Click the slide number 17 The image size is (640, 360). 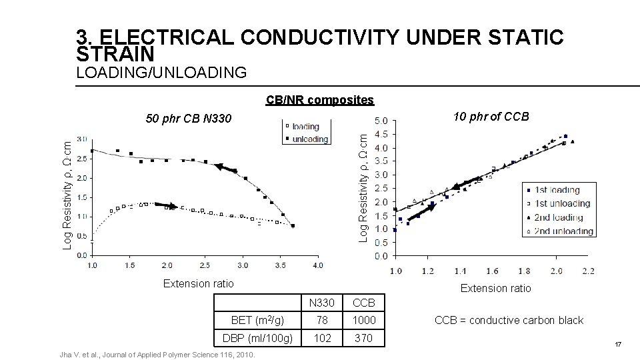pyautogui.click(x=617, y=345)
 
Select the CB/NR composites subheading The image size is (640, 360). pyautogui.click(x=319, y=100)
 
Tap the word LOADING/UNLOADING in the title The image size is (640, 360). pyautogui.click(x=161, y=71)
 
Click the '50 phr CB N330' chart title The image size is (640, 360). pyautogui.click(x=189, y=119)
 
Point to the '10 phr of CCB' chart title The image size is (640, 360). pyautogui.click(x=491, y=117)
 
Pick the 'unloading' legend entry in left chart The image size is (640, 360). pyautogui.click(x=309, y=139)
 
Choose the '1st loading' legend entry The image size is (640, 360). pyautogui.click(x=559, y=190)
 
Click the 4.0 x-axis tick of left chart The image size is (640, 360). pyautogui.click(x=317, y=265)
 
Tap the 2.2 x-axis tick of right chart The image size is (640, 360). pyautogui.click(x=587, y=271)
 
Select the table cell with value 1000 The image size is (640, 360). pyautogui.click(x=364, y=320)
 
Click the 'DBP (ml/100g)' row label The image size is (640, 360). pyautogui.click(x=257, y=338)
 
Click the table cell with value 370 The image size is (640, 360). pyautogui.click(x=364, y=338)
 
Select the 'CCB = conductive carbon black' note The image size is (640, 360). pyautogui.click(x=509, y=320)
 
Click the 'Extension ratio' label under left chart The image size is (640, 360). pyautogui.click(x=199, y=283)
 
